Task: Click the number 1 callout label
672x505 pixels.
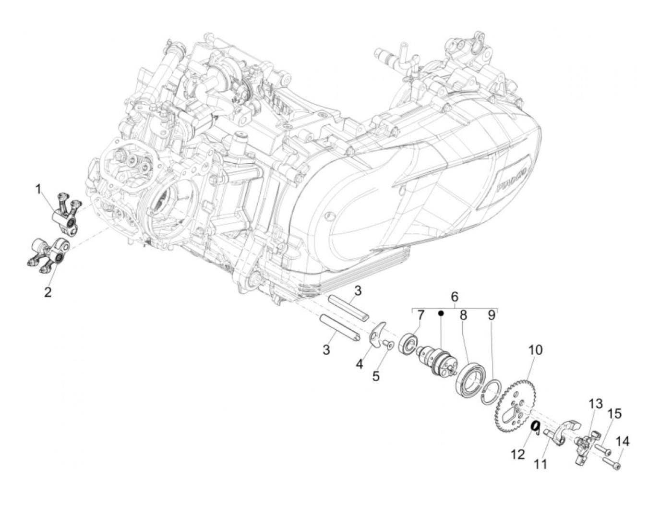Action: [x=38, y=190]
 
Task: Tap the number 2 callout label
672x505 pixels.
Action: [x=48, y=292]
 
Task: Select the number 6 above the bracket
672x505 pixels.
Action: [x=455, y=297]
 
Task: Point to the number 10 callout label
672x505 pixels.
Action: [x=535, y=350]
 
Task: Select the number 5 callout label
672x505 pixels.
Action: [x=376, y=376]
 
